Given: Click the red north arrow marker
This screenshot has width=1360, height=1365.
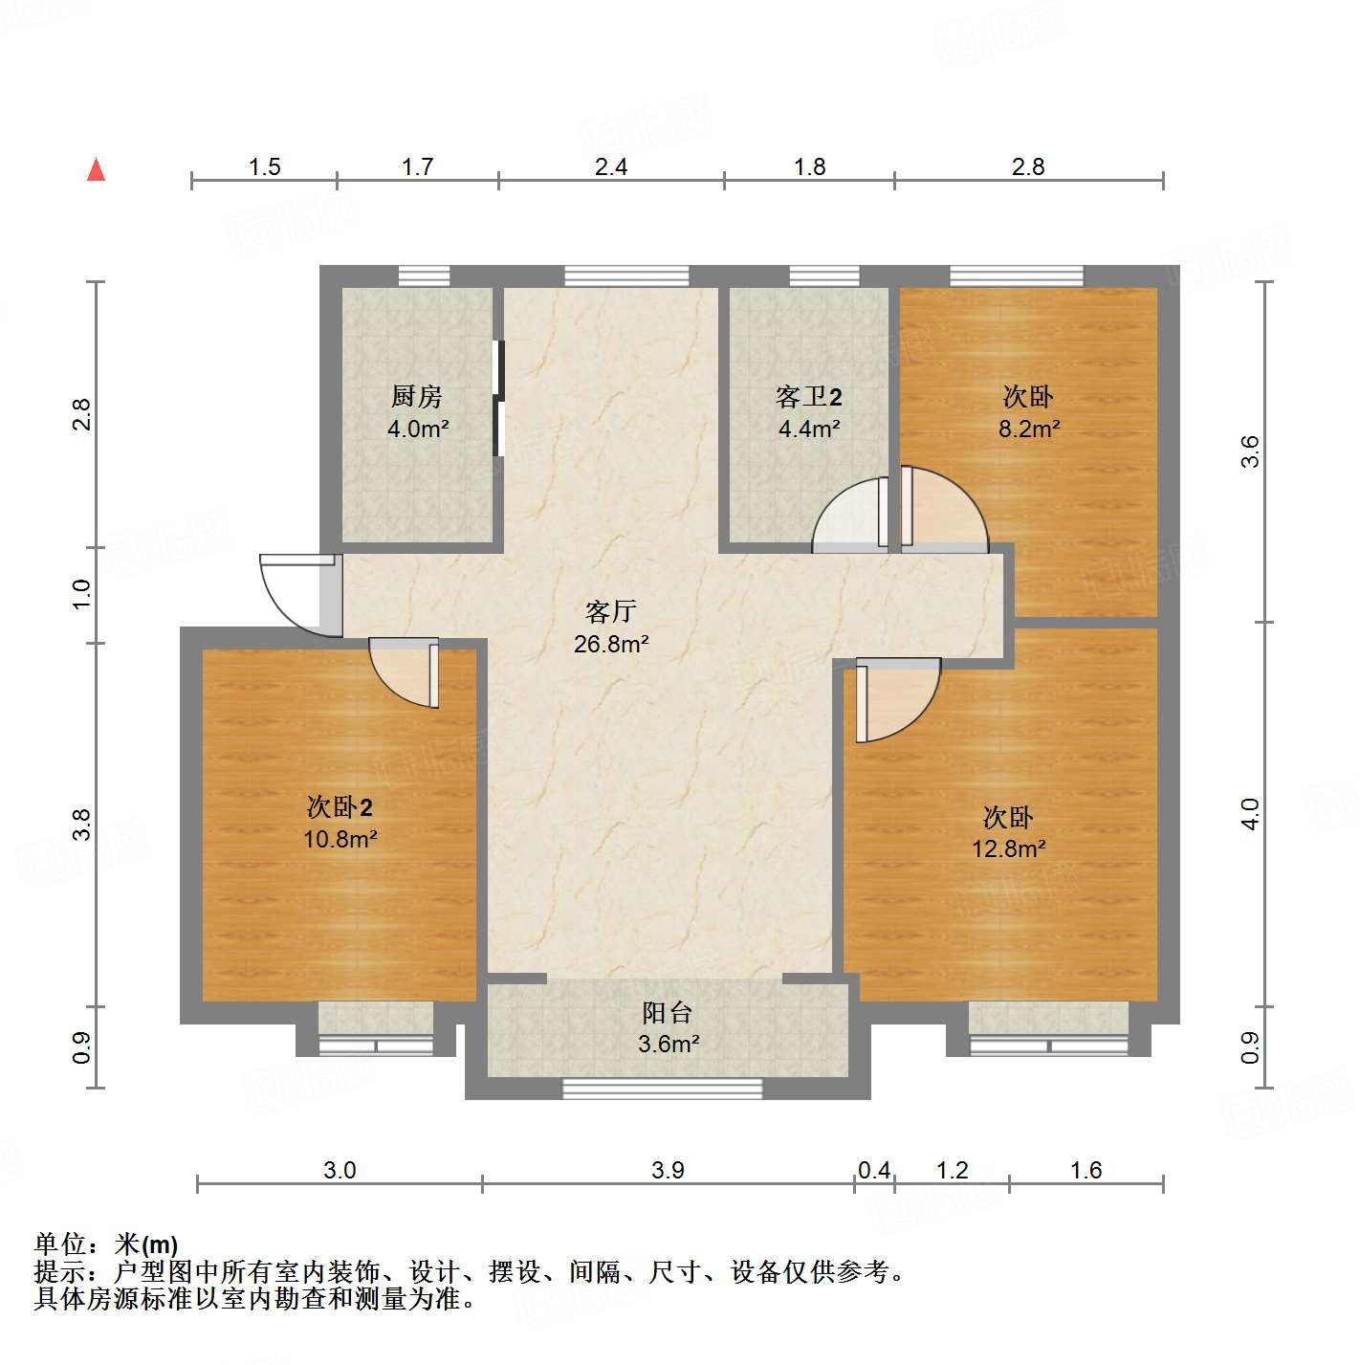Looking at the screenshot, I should pos(96,169).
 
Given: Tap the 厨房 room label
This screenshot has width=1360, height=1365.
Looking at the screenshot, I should pos(417,396).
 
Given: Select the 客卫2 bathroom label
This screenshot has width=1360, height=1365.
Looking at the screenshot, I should pos(809,396).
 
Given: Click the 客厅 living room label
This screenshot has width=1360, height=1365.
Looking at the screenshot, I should pos(610,611).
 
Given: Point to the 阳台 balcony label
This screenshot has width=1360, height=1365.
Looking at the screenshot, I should pos(668,1012).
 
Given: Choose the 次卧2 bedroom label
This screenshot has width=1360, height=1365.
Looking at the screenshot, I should pos(340,806).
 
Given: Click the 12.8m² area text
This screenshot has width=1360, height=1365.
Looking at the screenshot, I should pos(1008,848).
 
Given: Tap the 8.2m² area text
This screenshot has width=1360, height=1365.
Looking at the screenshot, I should pos(1029,429).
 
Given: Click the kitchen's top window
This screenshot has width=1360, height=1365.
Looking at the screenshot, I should pos(424,276).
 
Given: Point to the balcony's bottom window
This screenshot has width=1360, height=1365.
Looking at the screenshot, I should pos(662,1088).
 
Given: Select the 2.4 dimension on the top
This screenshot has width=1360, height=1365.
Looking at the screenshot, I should pos(611,167).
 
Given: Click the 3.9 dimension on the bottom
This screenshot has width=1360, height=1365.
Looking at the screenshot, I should pos(668,1170).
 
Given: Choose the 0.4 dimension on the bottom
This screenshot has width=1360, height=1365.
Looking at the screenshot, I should pos(874,1170).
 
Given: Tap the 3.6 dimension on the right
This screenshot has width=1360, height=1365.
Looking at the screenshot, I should pos(1250,451).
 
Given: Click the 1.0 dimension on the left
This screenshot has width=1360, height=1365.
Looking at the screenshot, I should pos(82,594).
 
